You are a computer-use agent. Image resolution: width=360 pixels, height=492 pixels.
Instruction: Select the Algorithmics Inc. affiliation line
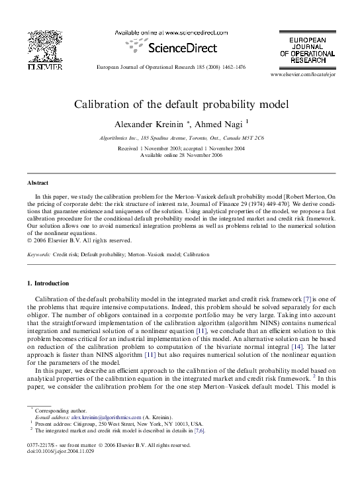click(x=180, y=138)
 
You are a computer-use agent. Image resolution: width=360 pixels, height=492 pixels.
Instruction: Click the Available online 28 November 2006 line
click(x=180, y=154)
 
